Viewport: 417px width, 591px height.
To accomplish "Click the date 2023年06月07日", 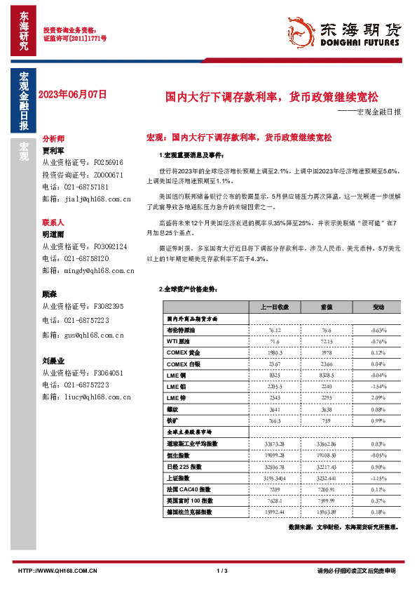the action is coord(72,93).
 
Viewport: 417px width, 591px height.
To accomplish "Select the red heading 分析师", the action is coord(53,139).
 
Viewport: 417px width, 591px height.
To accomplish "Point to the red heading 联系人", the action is coord(53,221).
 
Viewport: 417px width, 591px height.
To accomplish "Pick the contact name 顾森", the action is coord(49,294).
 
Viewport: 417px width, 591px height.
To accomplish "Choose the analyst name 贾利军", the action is coord(53,150).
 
